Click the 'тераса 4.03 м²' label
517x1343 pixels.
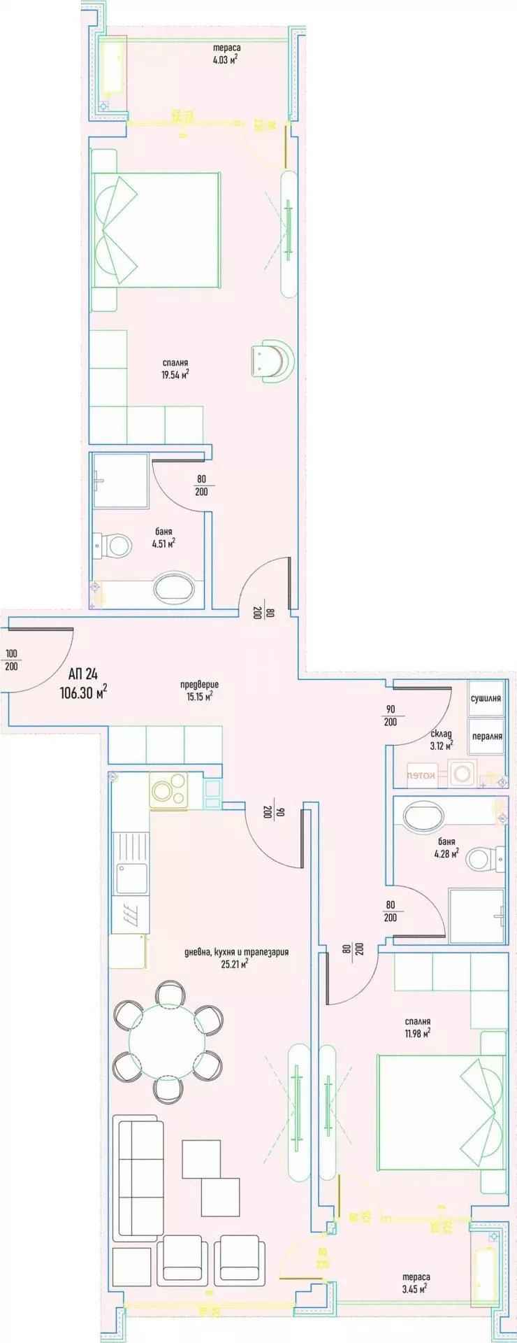[226, 54]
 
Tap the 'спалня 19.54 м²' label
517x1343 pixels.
[175, 368]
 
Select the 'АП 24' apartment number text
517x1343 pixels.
[83, 674]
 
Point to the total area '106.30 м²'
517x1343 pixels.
[83, 692]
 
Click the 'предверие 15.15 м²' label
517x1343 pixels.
[198, 690]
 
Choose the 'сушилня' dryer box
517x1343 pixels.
[486, 698]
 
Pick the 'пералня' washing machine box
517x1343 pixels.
[486, 737]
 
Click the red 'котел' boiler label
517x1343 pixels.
[421, 775]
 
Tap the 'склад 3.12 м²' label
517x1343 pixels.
[441, 739]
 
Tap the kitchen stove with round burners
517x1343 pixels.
[168, 791]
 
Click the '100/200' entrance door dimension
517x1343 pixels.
[12, 660]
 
